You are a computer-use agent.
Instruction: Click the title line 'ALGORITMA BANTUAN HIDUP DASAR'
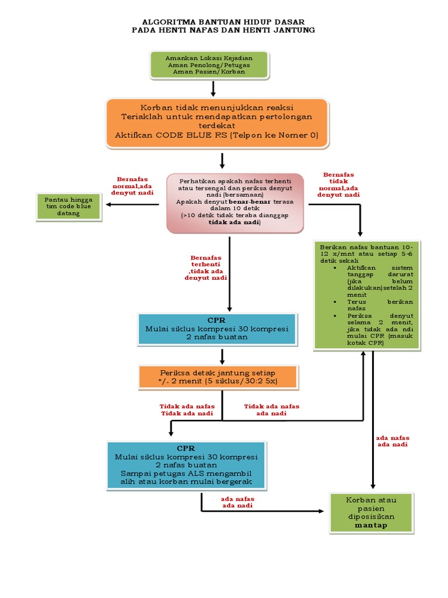point(224,21)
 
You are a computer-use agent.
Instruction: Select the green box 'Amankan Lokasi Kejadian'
point(209,64)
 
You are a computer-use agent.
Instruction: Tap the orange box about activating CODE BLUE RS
point(216,122)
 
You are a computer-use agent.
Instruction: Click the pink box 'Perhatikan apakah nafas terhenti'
point(235,203)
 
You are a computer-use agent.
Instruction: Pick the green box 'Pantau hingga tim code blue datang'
point(68,206)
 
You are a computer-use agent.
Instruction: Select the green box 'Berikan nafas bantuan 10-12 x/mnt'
point(366,294)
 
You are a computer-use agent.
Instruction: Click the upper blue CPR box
point(216,329)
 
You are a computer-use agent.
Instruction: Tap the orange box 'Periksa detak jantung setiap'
point(218,377)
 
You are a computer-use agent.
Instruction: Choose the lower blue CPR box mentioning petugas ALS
point(185,465)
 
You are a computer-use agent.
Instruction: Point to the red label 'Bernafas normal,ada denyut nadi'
point(132,185)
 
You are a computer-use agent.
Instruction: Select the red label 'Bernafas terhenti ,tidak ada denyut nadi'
point(206,267)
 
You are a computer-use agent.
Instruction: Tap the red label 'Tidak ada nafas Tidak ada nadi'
point(187,410)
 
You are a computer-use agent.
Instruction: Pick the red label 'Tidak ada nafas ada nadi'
point(271,410)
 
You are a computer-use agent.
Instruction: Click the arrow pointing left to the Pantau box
point(131,204)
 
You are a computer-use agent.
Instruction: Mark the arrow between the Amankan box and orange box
point(213,89)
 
